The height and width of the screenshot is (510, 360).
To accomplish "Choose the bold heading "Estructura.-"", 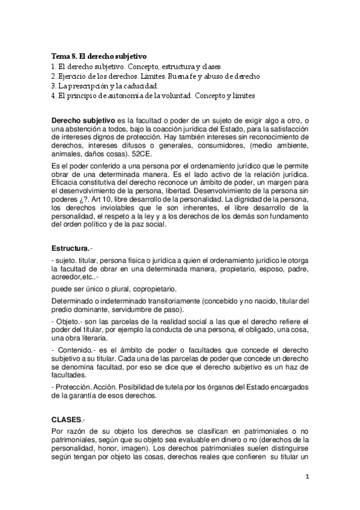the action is (75, 247).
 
